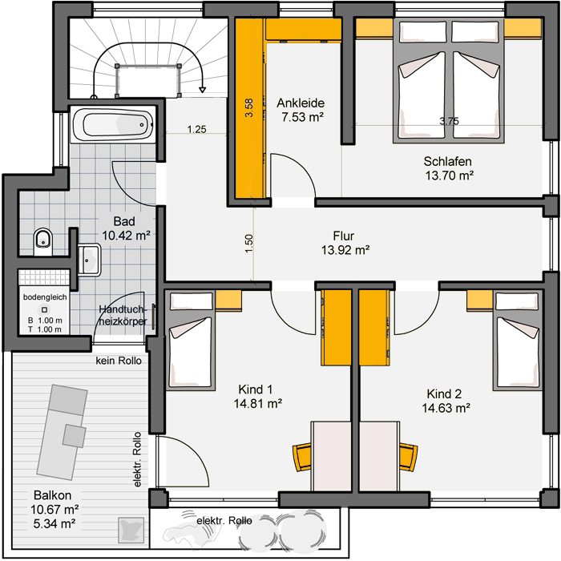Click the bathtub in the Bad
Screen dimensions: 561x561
(113, 124)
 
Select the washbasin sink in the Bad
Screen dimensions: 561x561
(89, 260)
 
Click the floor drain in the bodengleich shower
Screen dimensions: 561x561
(44, 310)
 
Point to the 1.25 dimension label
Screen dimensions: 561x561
(197, 129)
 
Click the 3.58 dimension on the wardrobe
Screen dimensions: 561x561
(249, 107)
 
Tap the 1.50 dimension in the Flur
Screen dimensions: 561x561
(249, 244)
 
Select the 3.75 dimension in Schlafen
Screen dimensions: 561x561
(450, 121)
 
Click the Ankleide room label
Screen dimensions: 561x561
(301, 103)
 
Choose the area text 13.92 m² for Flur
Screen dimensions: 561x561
(345, 250)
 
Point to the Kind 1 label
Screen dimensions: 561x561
(256, 389)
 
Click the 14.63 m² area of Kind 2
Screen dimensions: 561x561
(446, 408)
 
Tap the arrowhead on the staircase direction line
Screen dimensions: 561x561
(203, 90)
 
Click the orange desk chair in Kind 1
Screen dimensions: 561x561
(302, 457)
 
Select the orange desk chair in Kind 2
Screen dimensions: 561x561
(408, 457)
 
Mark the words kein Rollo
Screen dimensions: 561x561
(119, 361)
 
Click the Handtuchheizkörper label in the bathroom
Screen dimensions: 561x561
(123, 315)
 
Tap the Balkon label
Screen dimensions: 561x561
(53, 495)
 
